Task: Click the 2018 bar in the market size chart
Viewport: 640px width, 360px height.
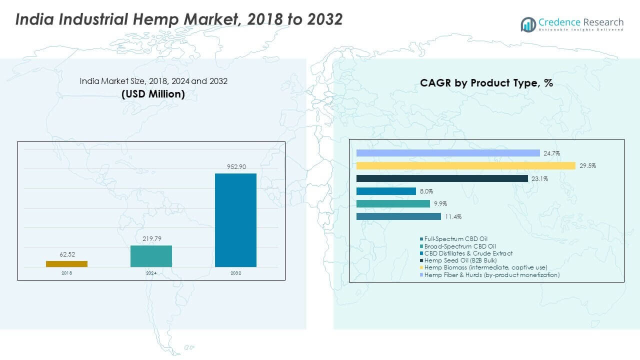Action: tap(66, 263)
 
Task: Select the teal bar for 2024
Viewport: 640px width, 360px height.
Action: tap(151, 256)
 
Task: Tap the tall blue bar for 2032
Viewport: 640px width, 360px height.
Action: tap(235, 220)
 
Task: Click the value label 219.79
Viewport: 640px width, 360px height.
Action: tap(151, 238)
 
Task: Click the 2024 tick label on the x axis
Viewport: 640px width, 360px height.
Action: tap(151, 272)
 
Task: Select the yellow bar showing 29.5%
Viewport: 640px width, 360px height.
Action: tap(465, 165)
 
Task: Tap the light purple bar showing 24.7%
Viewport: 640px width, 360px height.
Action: tap(448, 153)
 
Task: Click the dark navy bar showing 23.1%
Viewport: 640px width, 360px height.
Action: tap(442, 178)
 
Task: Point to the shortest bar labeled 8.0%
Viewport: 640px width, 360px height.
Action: tap(386, 191)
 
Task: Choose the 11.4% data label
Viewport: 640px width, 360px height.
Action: tap(453, 217)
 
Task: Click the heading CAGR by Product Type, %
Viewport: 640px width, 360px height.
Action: tap(486, 83)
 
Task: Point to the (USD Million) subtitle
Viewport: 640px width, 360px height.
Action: tap(153, 93)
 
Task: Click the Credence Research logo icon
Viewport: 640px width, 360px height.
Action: tap(528, 24)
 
